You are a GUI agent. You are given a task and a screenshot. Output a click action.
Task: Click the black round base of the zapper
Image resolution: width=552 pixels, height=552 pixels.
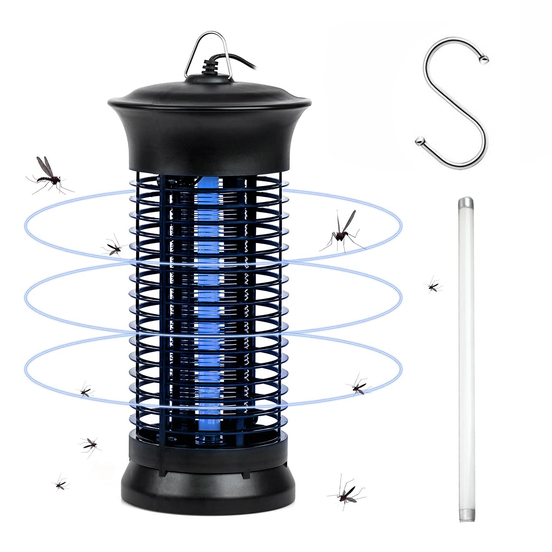pos(208,486)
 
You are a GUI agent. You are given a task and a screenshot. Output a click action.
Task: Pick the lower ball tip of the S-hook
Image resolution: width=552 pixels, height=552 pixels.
pos(419,140)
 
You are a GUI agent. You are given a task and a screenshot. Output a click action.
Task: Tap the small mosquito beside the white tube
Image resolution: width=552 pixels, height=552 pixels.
pos(433,286)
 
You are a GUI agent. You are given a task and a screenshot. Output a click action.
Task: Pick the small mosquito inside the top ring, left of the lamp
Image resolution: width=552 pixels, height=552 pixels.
pos(113,247)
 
